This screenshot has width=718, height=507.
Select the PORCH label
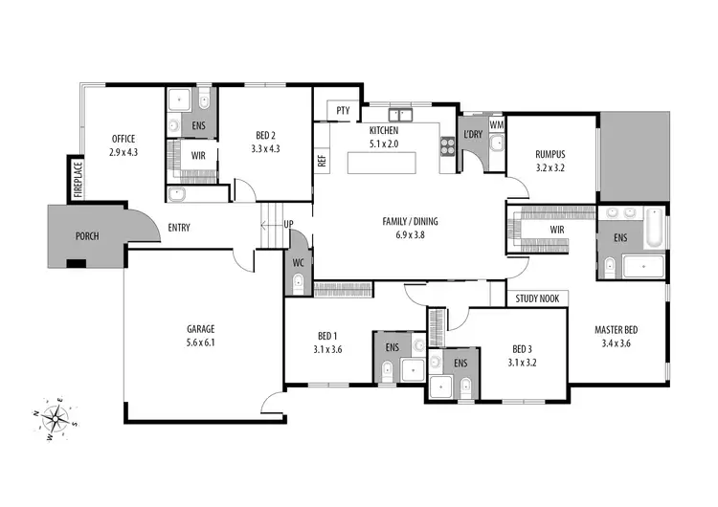(87, 235)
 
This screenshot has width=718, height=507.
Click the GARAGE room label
(200, 328)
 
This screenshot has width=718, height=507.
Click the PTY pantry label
(343, 111)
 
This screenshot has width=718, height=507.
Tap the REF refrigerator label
(322, 160)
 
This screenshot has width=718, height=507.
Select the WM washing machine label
(496, 124)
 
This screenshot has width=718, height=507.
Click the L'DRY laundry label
(473, 133)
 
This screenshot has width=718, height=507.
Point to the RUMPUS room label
(550, 153)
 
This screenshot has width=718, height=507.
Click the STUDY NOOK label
(538, 298)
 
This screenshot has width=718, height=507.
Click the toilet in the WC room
(298, 281)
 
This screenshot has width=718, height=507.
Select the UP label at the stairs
(287, 226)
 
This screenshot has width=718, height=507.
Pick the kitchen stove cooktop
(446, 145)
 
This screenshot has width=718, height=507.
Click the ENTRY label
(179, 228)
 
